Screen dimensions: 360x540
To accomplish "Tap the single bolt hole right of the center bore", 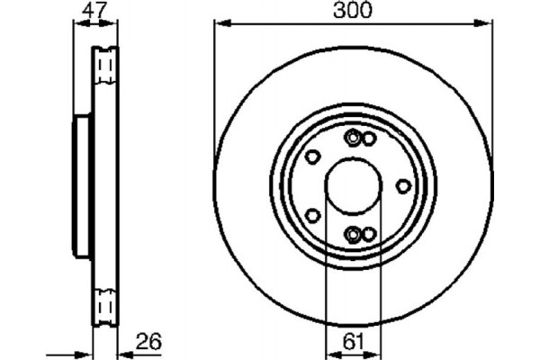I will [x=403, y=185].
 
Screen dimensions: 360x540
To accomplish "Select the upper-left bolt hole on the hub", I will [x=311, y=157].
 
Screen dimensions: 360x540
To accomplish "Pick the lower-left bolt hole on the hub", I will [x=311, y=214].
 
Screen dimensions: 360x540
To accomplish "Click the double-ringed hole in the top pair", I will [x=354, y=138].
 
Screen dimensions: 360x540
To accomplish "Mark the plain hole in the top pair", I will [x=368, y=138].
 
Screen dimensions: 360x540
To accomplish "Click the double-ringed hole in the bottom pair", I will [x=354, y=234].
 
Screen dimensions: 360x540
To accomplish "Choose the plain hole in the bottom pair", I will [x=368, y=234].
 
